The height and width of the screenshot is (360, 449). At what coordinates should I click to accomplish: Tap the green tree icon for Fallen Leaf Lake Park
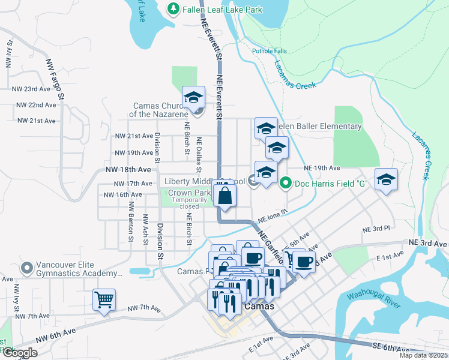[173, 9]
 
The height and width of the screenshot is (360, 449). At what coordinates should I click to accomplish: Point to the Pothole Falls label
[270, 51]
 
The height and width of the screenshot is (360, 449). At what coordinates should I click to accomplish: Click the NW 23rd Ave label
[31, 89]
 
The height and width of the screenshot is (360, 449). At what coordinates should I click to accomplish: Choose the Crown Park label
[188, 193]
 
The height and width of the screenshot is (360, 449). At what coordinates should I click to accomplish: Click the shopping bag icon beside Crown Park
[224, 196]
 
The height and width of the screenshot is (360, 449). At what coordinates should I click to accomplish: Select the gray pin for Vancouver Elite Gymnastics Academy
[25, 267]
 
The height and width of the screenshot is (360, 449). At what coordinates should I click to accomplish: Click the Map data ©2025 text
[423, 355]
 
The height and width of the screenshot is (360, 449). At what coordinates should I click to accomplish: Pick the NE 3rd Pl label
[376, 229]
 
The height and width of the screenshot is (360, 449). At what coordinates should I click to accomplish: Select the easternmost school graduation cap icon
[387, 179]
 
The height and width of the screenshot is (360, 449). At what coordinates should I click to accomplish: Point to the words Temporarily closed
[188, 203]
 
